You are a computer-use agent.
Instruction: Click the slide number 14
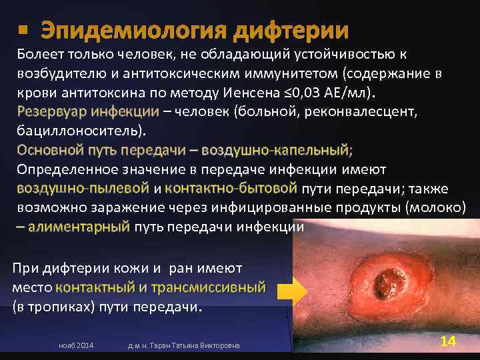448,341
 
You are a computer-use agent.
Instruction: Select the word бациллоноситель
80,129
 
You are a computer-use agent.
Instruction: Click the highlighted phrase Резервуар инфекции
88,111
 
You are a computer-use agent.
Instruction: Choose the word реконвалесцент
363,111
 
